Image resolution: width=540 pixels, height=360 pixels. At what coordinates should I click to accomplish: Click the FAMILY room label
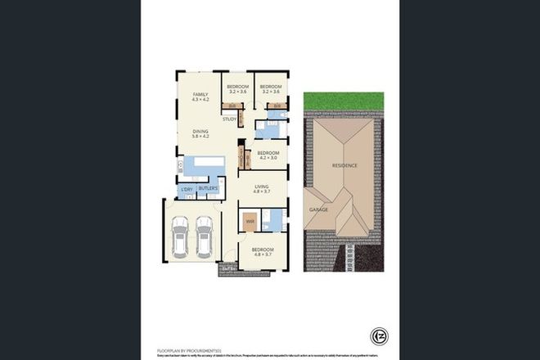click(200, 95)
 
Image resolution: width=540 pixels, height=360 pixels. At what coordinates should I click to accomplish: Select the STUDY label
click(229, 119)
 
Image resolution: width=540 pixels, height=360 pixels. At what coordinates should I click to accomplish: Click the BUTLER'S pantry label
click(207, 188)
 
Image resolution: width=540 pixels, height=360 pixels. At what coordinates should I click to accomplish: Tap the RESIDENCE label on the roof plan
click(344, 165)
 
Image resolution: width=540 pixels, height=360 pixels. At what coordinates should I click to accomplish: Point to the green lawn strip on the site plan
click(344, 103)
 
